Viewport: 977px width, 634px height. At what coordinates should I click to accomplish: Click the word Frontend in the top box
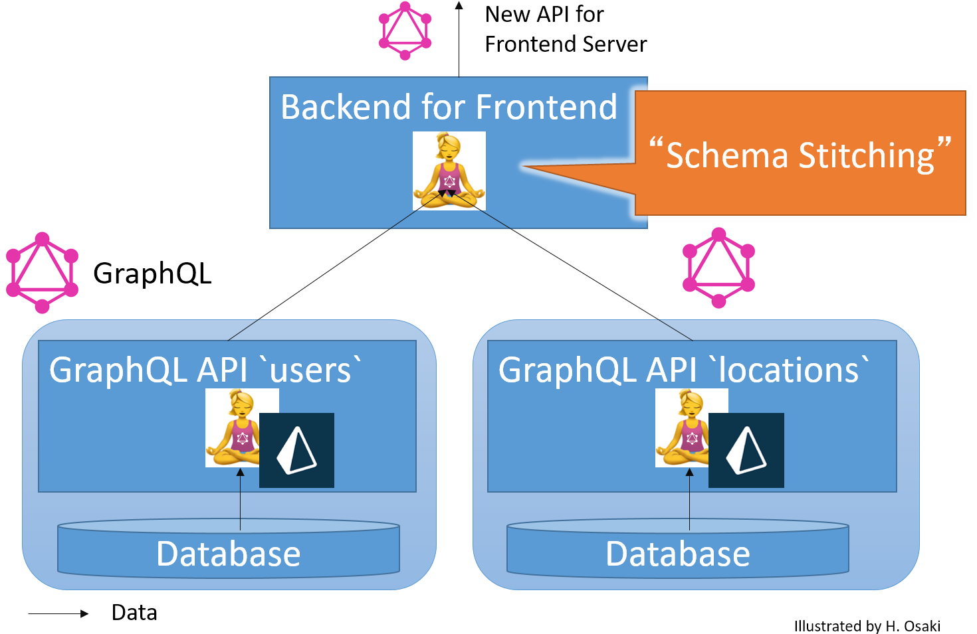coord(546,108)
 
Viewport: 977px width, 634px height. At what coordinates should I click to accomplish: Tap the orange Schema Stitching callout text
coord(800,155)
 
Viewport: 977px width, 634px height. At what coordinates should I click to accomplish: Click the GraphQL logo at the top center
coord(405,31)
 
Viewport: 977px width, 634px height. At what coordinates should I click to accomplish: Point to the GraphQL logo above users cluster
coord(42,273)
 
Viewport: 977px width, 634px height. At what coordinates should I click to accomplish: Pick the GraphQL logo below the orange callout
coord(718,268)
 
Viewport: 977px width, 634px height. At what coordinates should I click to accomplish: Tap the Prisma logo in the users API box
coord(296,450)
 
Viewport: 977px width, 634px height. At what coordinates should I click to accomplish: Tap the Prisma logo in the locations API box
coord(746,450)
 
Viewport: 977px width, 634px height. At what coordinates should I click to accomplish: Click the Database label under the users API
coord(228,554)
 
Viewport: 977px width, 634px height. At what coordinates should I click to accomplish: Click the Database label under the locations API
coord(677,554)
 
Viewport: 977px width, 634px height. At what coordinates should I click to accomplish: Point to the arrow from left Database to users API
coord(240,501)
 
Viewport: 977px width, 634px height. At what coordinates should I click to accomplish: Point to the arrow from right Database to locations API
coord(689,501)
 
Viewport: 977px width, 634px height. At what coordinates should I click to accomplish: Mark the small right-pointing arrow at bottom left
coord(60,614)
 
